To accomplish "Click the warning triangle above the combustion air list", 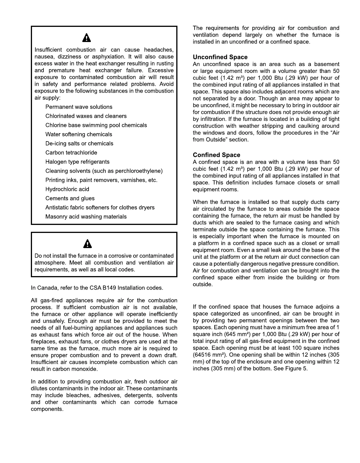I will click(x=87, y=38).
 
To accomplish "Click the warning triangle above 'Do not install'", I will click(x=87, y=244).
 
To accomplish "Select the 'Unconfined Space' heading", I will click(x=220, y=57).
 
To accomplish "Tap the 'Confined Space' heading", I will click(x=216, y=155).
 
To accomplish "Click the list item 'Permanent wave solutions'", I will click(x=79, y=107).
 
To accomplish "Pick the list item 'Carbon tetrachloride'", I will click(x=71, y=153).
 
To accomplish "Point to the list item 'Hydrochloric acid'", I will click(x=67, y=189).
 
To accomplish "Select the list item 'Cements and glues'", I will click(x=70, y=198).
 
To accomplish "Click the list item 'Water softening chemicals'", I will click(x=79, y=134).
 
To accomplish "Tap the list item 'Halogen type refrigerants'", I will click(x=77, y=162).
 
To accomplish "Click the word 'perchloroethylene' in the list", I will click(x=139, y=171).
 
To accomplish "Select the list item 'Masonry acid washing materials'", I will click(x=86, y=217).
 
